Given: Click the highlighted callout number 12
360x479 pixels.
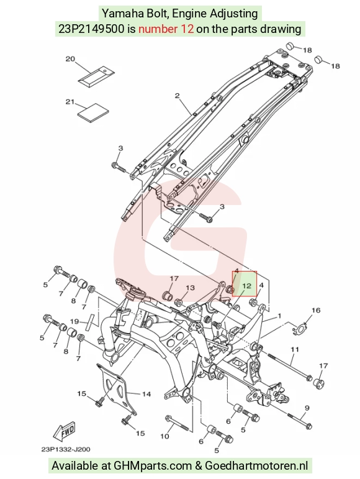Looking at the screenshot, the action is coord(246,286).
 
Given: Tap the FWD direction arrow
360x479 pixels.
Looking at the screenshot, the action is coord(64,431).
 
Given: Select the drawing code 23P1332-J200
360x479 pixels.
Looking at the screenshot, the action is coord(66,449).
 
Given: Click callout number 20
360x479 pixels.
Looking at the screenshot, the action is coord(70,58).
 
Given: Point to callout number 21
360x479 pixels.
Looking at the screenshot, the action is coord(70,102).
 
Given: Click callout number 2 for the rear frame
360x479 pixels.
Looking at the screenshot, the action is coord(178,96).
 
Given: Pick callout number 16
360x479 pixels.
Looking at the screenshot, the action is coord(316,311).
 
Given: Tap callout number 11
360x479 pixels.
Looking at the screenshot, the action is coord(295,349).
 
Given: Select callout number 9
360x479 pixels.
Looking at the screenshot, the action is coord(307,408).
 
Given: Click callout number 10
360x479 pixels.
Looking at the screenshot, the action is coord(164,436).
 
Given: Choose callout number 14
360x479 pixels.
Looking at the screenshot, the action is coord(146,394).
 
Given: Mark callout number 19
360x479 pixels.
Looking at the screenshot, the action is coord(74,321).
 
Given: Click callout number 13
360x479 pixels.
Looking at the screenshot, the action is coord(190,288).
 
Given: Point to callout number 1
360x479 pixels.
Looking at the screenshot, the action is coord(279,316).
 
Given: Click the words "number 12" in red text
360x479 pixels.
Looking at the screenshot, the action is coord(166,29).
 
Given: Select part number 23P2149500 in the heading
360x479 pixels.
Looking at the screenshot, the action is coord(91,29).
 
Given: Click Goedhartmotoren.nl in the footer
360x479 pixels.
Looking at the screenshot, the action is coord(256,465).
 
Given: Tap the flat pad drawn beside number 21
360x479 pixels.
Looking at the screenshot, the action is coord(93,112).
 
